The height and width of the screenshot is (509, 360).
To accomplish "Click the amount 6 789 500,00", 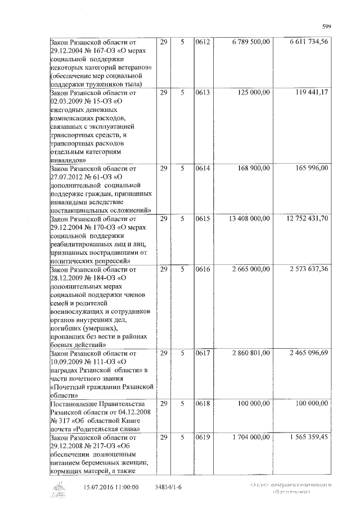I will (x=251, y=42).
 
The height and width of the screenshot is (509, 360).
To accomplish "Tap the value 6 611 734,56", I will (x=309, y=42).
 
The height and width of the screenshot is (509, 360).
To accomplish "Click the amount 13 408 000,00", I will (x=250, y=218).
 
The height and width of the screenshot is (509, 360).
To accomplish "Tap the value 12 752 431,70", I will (x=308, y=218).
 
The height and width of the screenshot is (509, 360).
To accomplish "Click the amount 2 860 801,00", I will (x=251, y=353).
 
